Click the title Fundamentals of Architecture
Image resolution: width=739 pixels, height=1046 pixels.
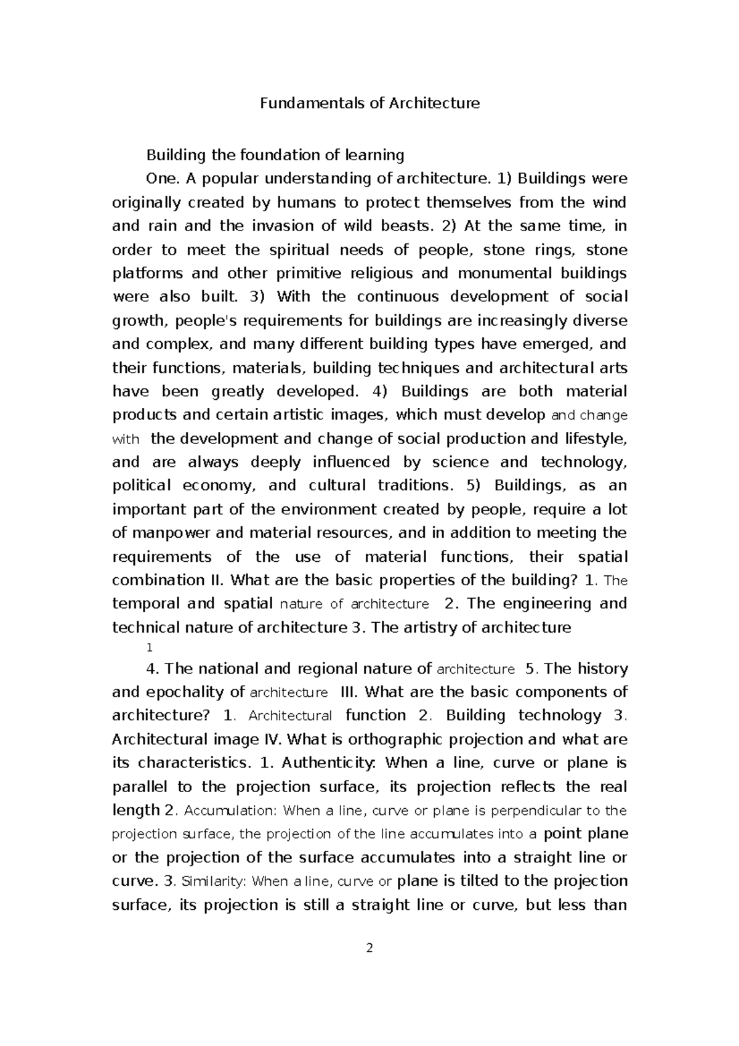click(369, 103)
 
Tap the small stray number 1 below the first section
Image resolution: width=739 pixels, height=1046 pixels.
click(148, 648)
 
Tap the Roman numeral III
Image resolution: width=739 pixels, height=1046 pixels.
click(349, 692)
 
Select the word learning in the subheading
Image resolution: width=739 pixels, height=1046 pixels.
click(376, 155)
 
